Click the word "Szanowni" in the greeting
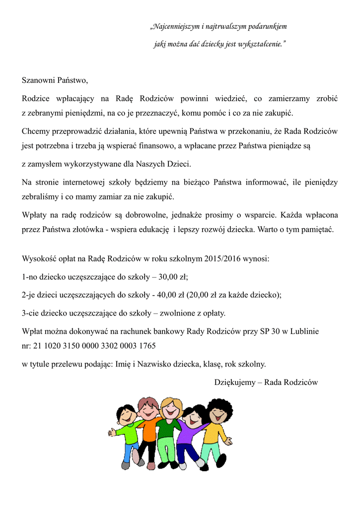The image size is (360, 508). pyautogui.click(x=38, y=80)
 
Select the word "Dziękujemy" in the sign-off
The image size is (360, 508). pyautogui.click(x=235, y=382)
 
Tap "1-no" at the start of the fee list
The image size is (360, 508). pyautogui.click(x=30, y=277)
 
